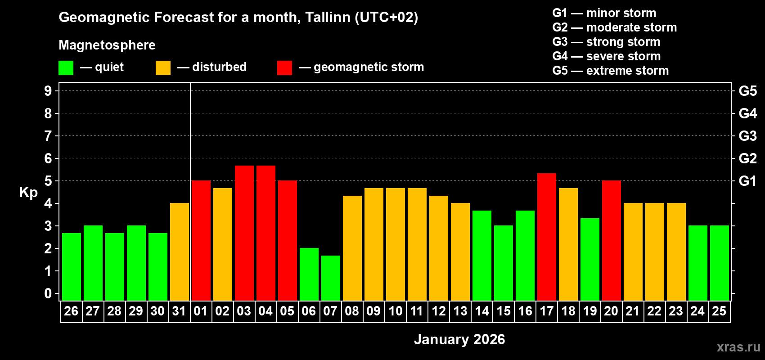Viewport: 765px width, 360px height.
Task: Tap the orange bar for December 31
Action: pos(180,252)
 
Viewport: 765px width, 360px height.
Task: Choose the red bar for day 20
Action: pos(612,241)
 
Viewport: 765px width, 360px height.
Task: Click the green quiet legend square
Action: pos(66,68)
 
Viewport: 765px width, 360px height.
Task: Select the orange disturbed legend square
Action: pos(163,68)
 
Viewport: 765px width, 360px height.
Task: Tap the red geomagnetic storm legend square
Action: pos(284,68)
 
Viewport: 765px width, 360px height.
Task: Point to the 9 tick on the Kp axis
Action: pos(48,91)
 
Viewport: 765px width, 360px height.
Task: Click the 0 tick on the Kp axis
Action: pos(48,294)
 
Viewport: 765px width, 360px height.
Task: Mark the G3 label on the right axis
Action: pos(747,136)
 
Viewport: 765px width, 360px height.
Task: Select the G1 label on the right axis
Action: pos(747,181)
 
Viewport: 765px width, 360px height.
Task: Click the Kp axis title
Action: pos(28,193)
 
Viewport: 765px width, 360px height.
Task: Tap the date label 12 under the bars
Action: pos(438,311)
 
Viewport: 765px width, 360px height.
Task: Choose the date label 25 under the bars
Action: pos(719,311)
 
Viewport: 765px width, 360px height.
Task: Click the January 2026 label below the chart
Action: pos(459,339)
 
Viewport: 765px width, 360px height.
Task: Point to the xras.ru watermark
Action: pos(738,347)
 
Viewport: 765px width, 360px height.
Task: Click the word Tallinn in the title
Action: pos(328,18)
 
